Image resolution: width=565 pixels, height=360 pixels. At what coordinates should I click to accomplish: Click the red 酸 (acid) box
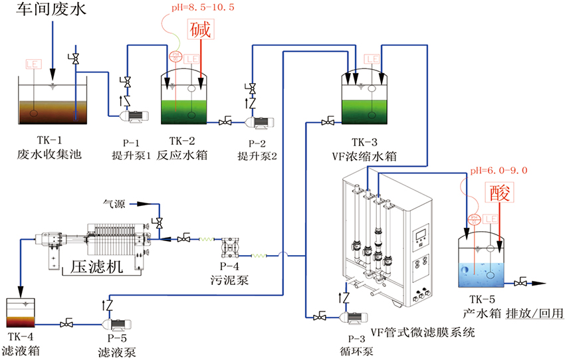coord(498,193)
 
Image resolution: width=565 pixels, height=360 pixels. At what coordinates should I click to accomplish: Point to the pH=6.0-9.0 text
coord(499,171)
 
